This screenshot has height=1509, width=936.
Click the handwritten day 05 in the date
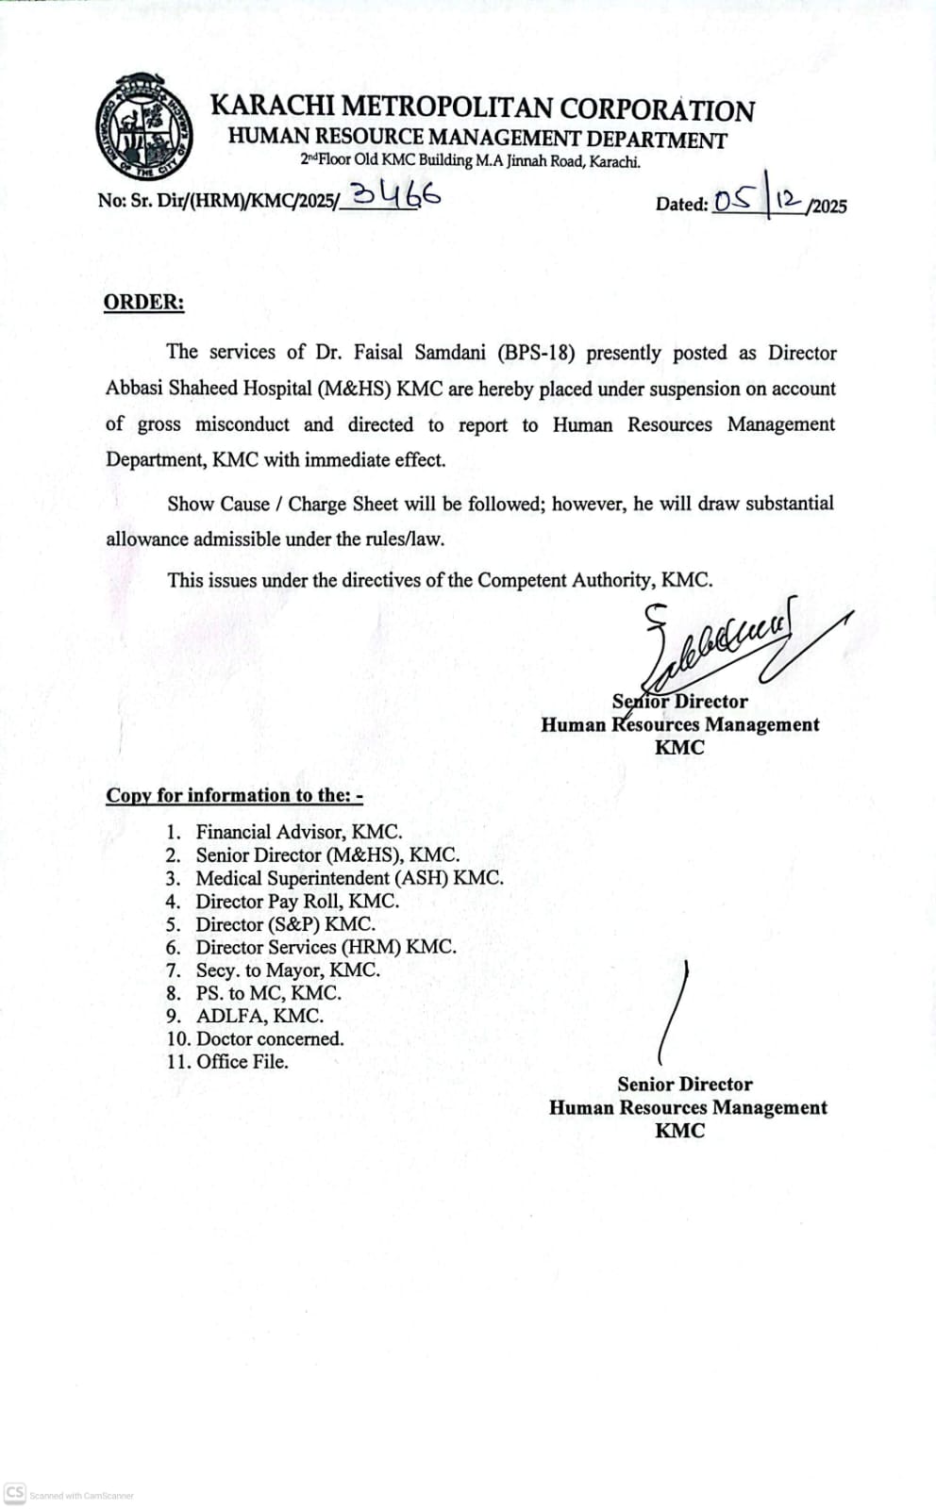pyautogui.click(x=734, y=200)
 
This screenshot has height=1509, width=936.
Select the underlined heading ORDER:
pyautogui.click(x=143, y=303)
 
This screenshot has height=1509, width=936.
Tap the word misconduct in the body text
pyautogui.click(x=242, y=424)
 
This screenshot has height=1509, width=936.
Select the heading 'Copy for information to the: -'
pyautogui.click(x=234, y=795)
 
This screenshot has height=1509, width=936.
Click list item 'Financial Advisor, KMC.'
pyautogui.click(x=298, y=832)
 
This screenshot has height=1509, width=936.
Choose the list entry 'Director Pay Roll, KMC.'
pyautogui.click(x=297, y=901)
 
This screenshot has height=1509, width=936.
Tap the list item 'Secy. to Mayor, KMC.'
pyautogui.click(x=288, y=970)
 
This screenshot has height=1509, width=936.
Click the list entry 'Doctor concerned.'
pyautogui.click(x=270, y=1038)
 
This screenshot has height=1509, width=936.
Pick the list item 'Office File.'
pyautogui.click(x=242, y=1061)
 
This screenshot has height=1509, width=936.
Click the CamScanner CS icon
pyautogui.click(x=15, y=1493)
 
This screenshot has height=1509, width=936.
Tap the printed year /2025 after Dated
pyautogui.click(x=827, y=207)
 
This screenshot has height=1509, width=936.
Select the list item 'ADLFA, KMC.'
pyautogui.click(x=259, y=1016)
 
